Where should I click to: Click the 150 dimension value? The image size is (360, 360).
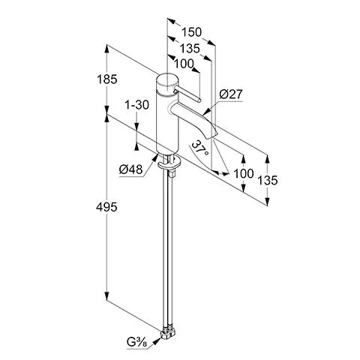tap(191, 32)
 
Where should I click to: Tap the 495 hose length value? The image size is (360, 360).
tap(106, 207)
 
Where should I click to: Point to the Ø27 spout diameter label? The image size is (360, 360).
tap(231, 94)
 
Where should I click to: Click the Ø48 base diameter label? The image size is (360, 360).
tap(130, 169)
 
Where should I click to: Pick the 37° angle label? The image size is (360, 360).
tap(200, 148)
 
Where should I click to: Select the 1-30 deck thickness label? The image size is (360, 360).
tap(136, 105)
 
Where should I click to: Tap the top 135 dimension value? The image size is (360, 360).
tap(190, 49)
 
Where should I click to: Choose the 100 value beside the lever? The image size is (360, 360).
tap(184, 64)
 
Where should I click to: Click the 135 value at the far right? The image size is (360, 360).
tap(268, 180)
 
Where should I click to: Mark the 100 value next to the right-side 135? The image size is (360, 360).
tap(244, 173)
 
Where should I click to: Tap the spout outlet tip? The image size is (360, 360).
tap(211, 135)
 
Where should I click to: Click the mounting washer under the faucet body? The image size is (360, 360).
tap(169, 163)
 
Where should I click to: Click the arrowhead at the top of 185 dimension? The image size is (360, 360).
tap(106, 49)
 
